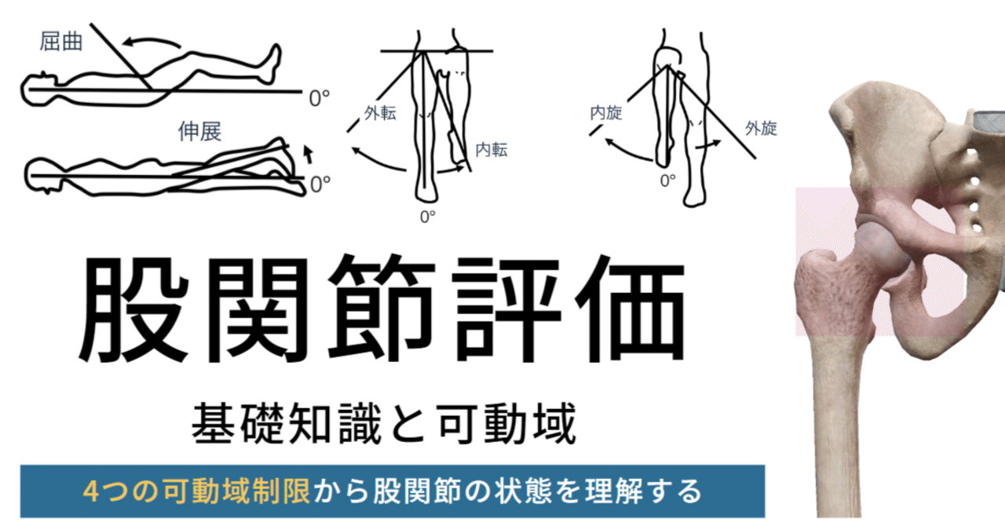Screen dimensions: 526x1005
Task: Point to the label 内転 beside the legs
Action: (x=492, y=150)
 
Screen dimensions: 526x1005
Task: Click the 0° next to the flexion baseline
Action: (x=319, y=98)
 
